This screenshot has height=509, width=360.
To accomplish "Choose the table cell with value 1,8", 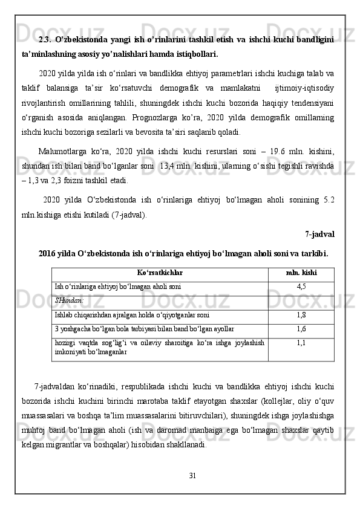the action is (x=301, y=315).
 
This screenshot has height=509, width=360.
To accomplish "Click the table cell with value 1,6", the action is (x=301, y=329).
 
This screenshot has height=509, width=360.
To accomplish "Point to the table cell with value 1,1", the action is (x=301, y=342).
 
